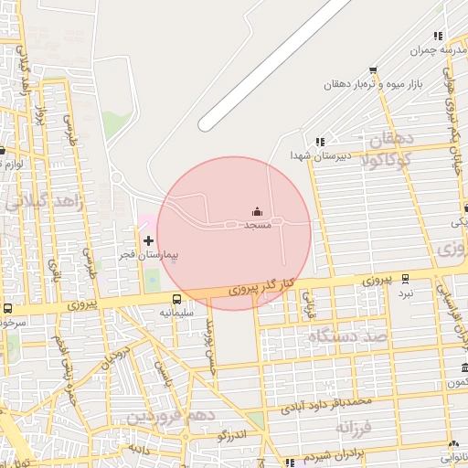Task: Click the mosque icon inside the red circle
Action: pyautogui.click(x=256, y=212)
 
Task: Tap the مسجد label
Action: pyautogui.click(x=257, y=224)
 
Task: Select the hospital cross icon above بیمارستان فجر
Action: pyautogui.click(x=149, y=241)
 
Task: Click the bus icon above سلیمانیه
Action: pyautogui.click(x=177, y=299)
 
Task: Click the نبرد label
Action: pyautogui.click(x=405, y=292)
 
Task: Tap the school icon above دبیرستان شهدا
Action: pyautogui.click(x=319, y=142)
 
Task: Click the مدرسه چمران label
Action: pyautogui.click(x=438, y=51)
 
